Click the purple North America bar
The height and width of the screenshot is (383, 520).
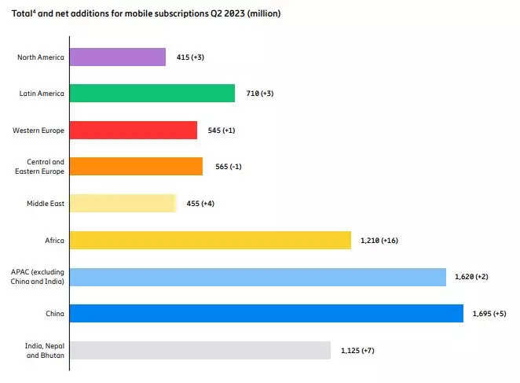click(x=118, y=57)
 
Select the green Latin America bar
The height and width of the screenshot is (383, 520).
click(x=152, y=93)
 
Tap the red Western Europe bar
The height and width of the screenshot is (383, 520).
click(x=134, y=130)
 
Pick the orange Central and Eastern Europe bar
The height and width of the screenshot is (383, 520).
click(x=136, y=166)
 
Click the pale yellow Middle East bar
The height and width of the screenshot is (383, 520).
click(x=123, y=203)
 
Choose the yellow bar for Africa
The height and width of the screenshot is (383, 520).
click(x=211, y=240)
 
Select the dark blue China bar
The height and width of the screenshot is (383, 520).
click(x=266, y=313)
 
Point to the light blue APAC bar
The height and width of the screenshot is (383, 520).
click(x=258, y=277)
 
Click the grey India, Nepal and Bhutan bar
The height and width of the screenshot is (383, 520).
click(x=200, y=350)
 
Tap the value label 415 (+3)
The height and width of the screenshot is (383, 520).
click(x=192, y=57)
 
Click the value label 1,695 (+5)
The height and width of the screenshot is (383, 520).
click(x=489, y=314)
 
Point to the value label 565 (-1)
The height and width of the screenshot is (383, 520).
click(x=229, y=167)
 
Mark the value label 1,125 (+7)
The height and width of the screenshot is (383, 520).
click(x=357, y=350)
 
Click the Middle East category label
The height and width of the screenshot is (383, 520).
click(x=45, y=203)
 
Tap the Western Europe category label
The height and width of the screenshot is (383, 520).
click(x=39, y=130)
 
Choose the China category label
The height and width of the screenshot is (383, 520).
click(x=55, y=313)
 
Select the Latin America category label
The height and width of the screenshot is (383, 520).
click(x=42, y=93)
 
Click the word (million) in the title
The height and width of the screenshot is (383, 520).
click(x=263, y=14)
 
